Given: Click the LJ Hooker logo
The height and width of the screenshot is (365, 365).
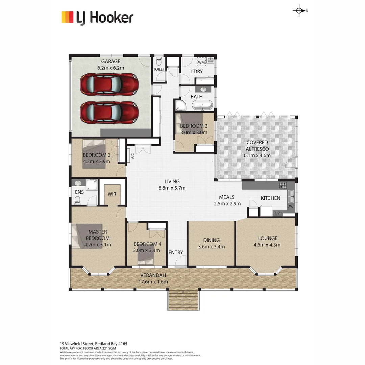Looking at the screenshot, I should (97, 18).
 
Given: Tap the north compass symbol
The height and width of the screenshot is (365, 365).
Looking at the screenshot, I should (299, 11).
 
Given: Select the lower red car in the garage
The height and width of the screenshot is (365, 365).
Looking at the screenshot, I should (109, 112).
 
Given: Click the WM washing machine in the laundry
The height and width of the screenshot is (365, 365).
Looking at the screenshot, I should (201, 62).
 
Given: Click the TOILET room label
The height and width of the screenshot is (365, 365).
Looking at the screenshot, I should (159, 69).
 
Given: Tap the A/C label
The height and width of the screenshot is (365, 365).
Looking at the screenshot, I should (132, 156).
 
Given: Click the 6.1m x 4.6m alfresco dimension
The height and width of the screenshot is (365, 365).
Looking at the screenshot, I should (257, 155).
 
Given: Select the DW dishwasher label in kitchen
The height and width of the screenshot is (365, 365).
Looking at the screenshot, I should (290, 206).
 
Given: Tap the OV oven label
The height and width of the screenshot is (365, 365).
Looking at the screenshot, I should (277, 213).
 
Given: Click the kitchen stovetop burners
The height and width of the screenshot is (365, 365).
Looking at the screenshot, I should (283, 185).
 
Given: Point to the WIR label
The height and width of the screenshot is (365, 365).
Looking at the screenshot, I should (112, 194).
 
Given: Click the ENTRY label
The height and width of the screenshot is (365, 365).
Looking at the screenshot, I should (176, 252).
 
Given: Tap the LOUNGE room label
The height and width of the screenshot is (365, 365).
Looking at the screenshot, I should (268, 238).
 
